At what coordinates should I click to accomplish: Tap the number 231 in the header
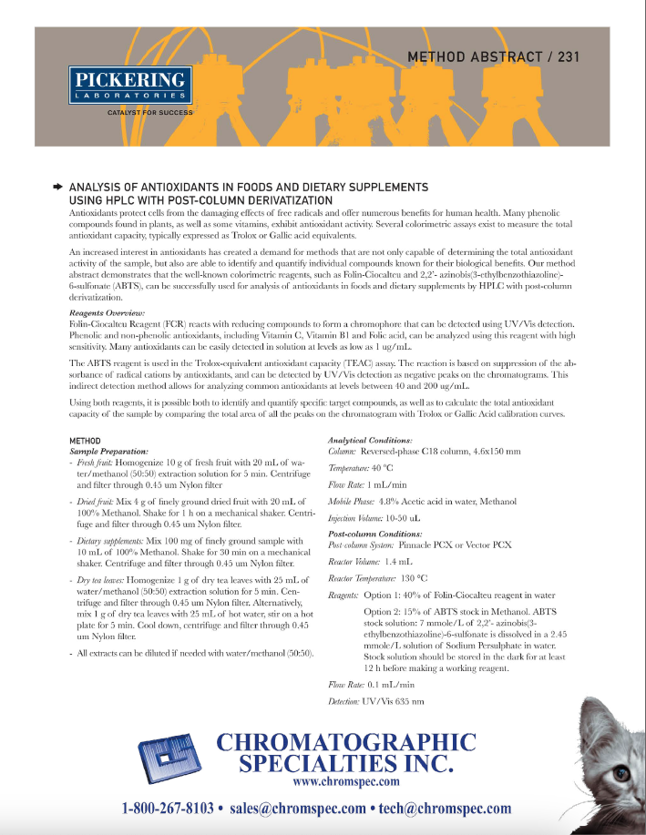click(564, 56)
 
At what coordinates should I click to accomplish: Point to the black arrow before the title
click(57, 186)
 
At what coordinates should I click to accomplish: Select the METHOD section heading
click(86, 441)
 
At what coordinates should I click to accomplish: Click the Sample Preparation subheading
click(108, 451)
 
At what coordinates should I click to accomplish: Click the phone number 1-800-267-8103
click(169, 809)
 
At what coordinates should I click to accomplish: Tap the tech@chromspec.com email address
click(443, 809)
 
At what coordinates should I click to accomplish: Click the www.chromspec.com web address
click(346, 781)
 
